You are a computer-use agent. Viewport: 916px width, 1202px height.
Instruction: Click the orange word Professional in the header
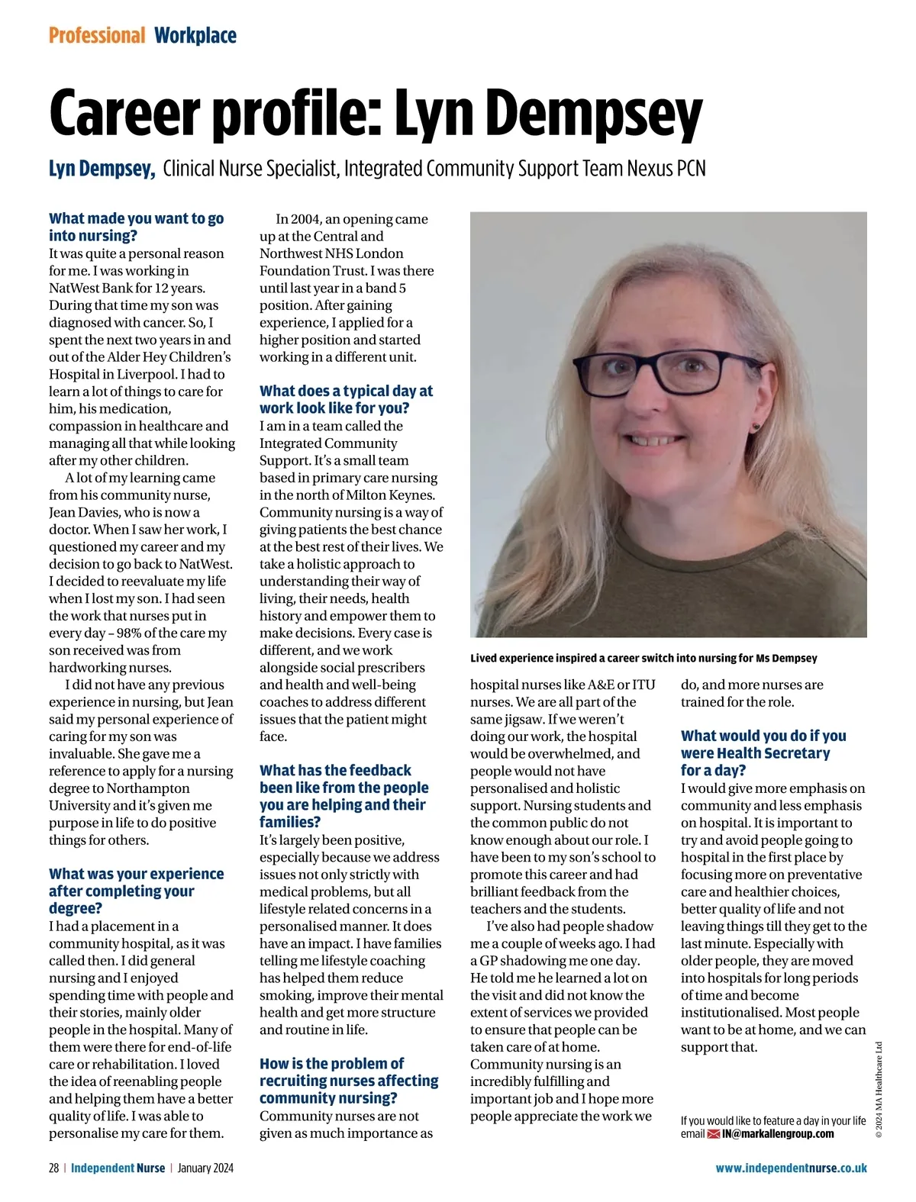[x=97, y=35]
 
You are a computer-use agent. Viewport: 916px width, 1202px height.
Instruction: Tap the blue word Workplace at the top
[x=195, y=35]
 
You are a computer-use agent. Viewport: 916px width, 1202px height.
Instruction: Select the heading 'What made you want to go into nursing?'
[x=136, y=227]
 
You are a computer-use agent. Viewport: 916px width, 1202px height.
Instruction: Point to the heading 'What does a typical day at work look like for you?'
[x=346, y=399]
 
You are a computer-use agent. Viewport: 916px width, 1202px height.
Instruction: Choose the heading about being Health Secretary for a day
[x=763, y=752]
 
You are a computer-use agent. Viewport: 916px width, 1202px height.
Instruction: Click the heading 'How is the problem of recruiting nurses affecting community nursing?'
[x=349, y=1081]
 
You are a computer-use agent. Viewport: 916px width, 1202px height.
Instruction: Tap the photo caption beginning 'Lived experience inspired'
[x=643, y=658]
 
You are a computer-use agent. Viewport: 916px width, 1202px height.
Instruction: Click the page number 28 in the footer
[x=54, y=1168]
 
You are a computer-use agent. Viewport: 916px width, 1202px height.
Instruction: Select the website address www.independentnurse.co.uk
[x=791, y=1168]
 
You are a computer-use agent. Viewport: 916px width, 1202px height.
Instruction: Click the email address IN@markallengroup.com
[x=778, y=1133]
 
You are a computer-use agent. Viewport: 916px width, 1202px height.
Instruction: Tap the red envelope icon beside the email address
[x=714, y=1134]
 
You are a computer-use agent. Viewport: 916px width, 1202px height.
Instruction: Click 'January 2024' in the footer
[x=205, y=1168]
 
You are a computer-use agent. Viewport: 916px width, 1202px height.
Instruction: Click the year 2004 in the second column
[x=307, y=219]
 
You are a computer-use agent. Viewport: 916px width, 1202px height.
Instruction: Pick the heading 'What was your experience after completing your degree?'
[x=136, y=891]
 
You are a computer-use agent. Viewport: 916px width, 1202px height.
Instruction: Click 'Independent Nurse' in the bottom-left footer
[x=118, y=1168]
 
